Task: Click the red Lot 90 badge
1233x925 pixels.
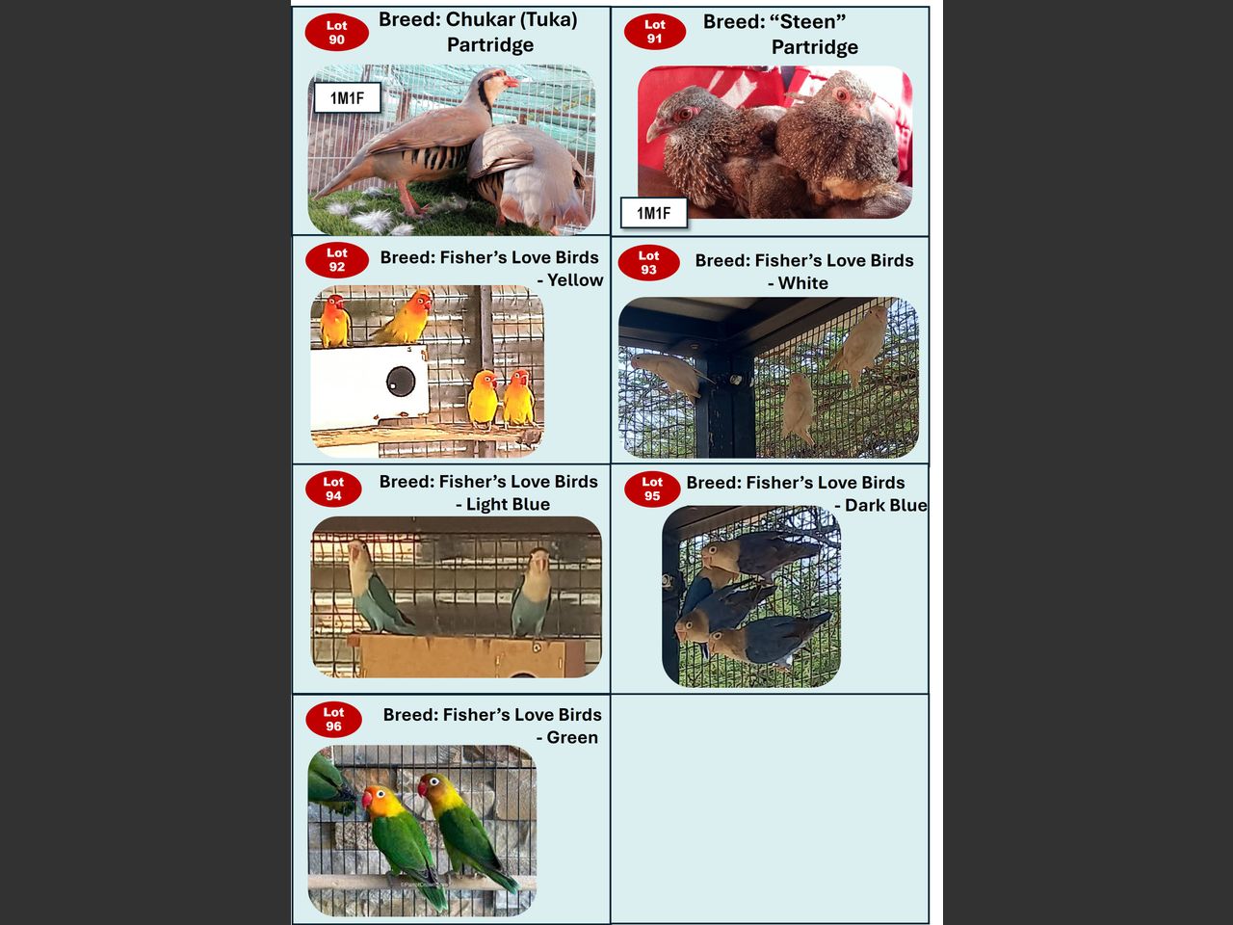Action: click(336, 33)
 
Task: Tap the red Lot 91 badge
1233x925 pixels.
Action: click(654, 32)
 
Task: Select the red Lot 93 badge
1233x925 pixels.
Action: click(649, 262)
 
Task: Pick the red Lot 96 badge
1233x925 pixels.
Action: click(333, 719)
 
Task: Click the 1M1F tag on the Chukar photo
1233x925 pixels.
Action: click(347, 98)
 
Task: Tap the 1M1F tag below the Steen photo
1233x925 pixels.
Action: click(653, 213)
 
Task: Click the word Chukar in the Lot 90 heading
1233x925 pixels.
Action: click(481, 19)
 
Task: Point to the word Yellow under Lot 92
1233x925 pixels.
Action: click(575, 279)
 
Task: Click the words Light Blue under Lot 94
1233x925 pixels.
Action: click(508, 504)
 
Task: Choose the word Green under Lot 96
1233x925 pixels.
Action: click(572, 737)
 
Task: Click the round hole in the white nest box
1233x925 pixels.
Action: click(401, 382)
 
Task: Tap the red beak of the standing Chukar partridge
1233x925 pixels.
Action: click(512, 82)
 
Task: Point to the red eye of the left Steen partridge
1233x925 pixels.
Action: click(686, 115)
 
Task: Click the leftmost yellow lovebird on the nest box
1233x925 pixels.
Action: click(335, 321)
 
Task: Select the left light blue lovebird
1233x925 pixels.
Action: click(376, 586)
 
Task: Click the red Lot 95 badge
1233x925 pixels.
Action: click(651, 489)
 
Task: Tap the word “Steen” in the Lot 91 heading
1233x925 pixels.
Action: click(774, 22)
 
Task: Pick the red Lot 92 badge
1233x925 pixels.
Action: click(336, 260)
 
